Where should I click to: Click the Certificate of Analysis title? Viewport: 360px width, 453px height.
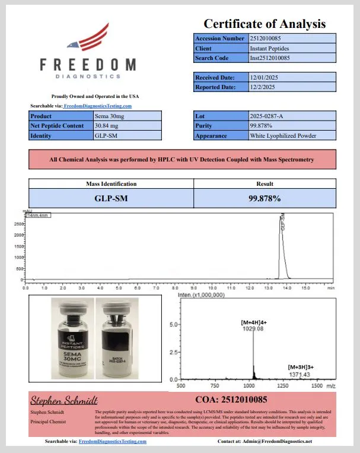pyautogui.click(x=265, y=24)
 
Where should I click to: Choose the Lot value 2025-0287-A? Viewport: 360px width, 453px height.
pyautogui.click(x=267, y=116)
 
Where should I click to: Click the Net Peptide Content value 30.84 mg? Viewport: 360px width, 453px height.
pyautogui.click(x=109, y=126)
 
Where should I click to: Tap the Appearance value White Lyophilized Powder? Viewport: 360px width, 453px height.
pyautogui.click(x=283, y=135)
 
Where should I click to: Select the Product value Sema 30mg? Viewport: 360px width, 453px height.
pyautogui.click(x=109, y=116)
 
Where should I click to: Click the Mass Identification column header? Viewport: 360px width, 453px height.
pyautogui.click(x=111, y=184)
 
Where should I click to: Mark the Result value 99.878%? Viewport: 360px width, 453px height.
pyautogui.click(x=265, y=198)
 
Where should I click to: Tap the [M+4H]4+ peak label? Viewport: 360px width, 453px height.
pyautogui.click(x=254, y=322)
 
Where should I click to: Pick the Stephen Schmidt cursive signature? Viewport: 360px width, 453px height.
pyautogui.click(x=64, y=401)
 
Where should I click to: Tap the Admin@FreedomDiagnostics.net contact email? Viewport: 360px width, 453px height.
pyautogui.click(x=274, y=442)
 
